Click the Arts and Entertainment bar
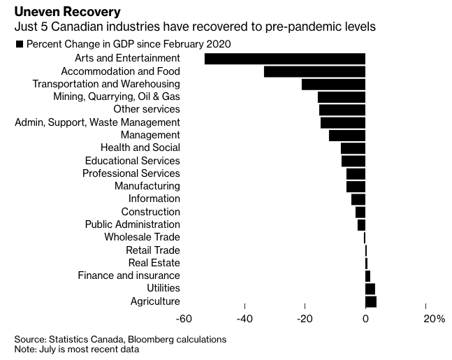pyautogui.click(x=285, y=59)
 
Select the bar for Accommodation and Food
pyautogui.click(x=314, y=71)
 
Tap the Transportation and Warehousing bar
pyautogui.click(x=333, y=84)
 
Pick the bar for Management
pyautogui.click(x=347, y=135)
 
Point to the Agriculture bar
pyautogui.click(x=371, y=301)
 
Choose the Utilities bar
pyautogui.click(x=370, y=289)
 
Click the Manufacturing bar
pyautogui.click(x=356, y=186)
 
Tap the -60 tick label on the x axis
pyautogui.click(x=184, y=319)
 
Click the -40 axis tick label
pyautogui.click(x=245, y=319)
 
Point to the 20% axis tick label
pyautogui.click(x=434, y=319)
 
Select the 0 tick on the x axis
pyautogui.click(x=365, y=319)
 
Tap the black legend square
pyautogui.click(x=19, y=44)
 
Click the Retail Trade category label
pyautogui.click(x=152, y=250)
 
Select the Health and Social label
pyautogui.click(x=140, y=147)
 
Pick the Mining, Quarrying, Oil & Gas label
pyautogui.click(x=116, y=96)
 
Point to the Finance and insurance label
pyautogui.click(x=129, y=275)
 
